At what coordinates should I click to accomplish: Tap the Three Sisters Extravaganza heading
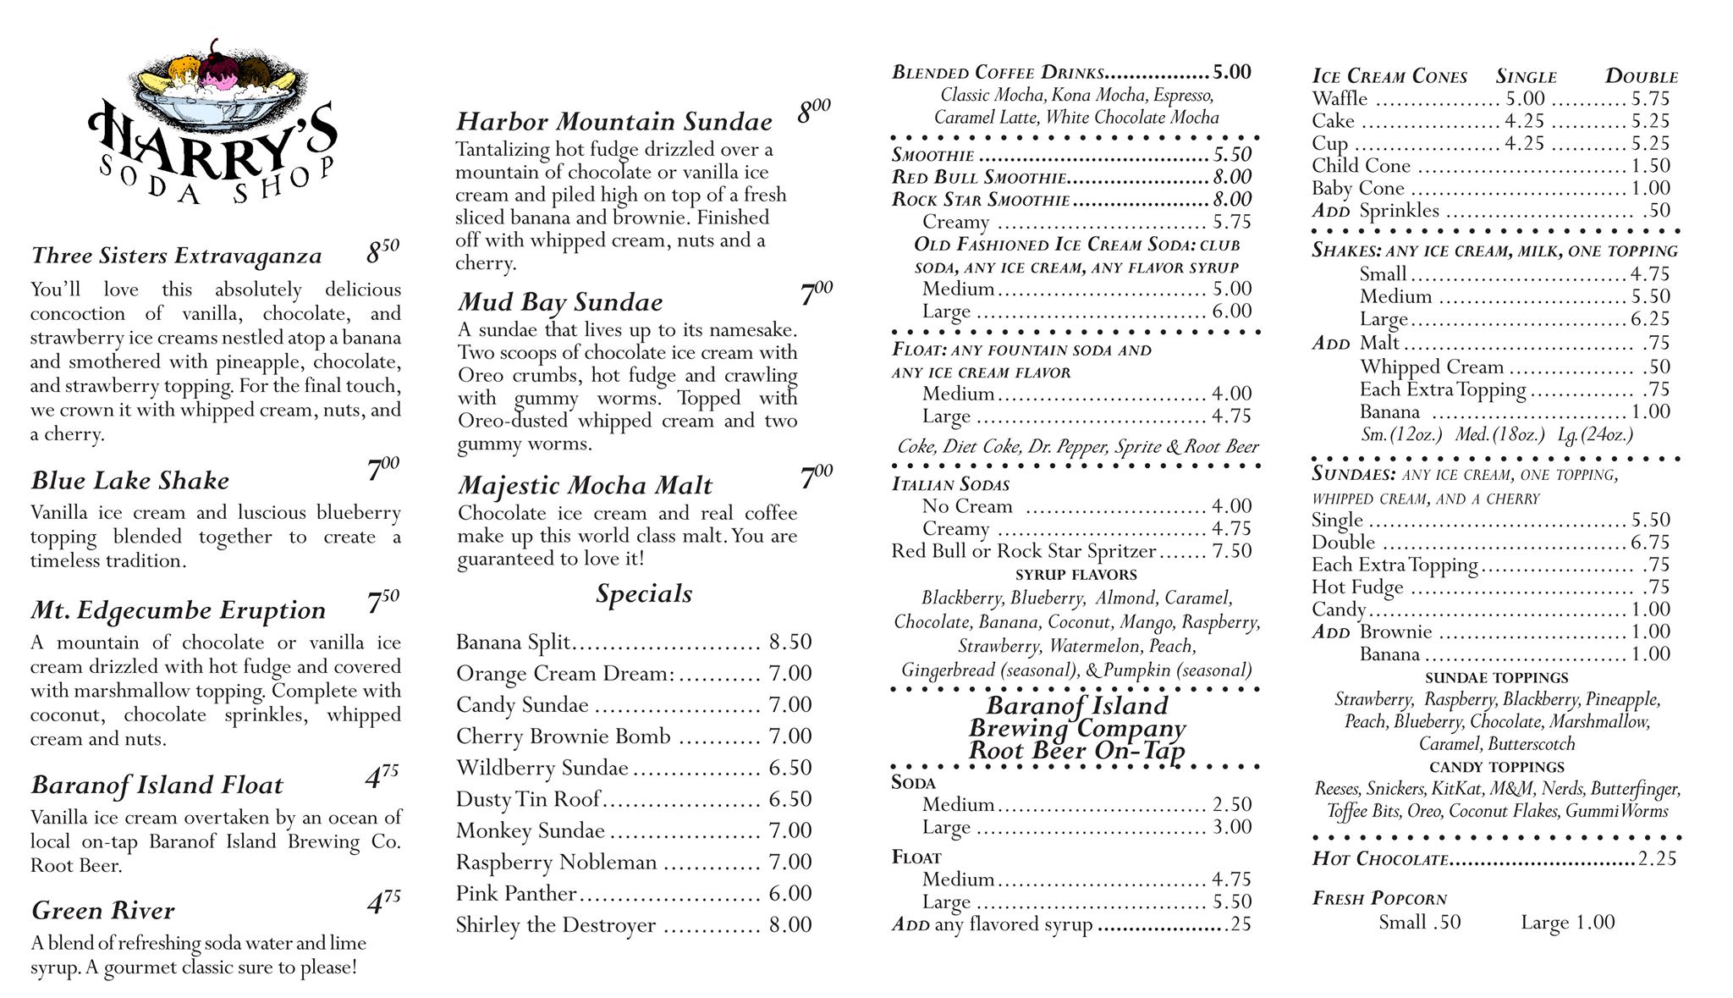coord(176,256)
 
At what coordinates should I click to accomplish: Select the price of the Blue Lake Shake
coord(382,469)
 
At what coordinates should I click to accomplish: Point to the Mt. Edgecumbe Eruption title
coord(178,610)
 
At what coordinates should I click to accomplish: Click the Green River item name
coord(102,911)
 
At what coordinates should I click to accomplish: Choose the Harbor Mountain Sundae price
coord(813,111)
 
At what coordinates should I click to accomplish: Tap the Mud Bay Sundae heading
coord(560,302)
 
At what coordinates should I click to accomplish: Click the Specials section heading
coord(643,593)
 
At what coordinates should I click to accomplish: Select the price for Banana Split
coord(789,642)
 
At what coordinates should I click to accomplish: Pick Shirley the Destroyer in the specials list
coord(555,924)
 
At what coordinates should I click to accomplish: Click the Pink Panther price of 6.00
coord(789,893)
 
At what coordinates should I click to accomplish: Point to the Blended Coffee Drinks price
coord(1231,72)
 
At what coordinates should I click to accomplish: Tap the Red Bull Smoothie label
coord(978,177)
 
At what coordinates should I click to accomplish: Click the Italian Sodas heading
coord(950,484)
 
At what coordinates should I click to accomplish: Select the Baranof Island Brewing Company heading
coord(1076,728)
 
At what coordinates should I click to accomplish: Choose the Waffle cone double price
coord(1650,98)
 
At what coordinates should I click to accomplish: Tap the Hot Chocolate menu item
coord(1380,858)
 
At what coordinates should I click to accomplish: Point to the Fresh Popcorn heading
coord(1379,898)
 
